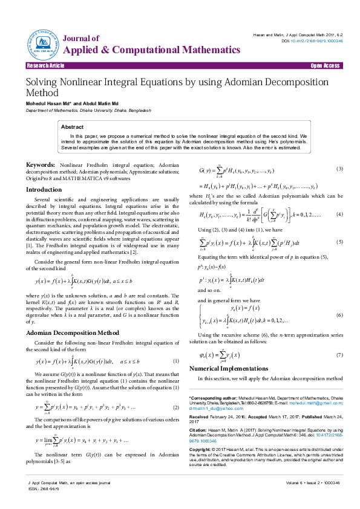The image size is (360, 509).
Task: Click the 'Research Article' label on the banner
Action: pos(46,65)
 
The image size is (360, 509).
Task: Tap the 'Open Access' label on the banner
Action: pos(325,65)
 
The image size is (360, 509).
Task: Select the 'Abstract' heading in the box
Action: pos(73,127)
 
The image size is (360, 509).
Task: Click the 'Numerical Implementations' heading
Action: pos(227,368)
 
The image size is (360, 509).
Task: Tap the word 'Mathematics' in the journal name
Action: pos(193,51)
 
